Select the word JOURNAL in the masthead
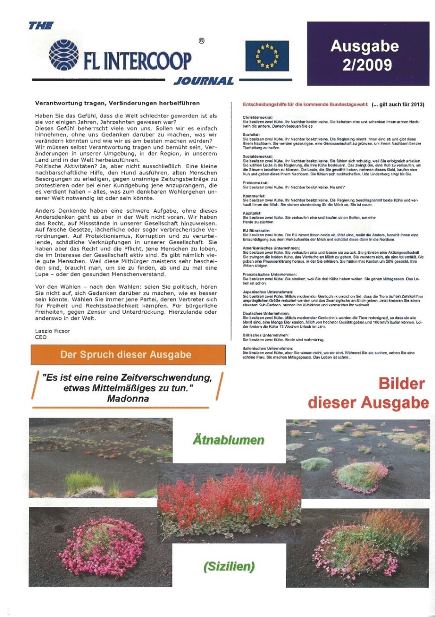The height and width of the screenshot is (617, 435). coord(204,81)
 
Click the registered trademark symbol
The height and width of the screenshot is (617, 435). coord(201,41)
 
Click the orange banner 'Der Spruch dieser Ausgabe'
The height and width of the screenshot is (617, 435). coord(126,355)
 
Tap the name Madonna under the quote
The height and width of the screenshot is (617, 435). coord(128,398)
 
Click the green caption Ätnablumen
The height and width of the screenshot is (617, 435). coord(228,440)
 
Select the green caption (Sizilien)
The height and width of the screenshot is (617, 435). coord(229,566)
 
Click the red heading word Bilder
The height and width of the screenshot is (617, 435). coord(401,383)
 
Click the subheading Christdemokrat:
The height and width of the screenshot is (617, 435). coord(257,117)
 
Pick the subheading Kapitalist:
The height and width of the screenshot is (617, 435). coord(252,213)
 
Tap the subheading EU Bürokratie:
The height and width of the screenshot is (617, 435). coord(256,230)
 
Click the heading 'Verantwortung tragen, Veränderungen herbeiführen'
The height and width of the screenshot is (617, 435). coord(117,103)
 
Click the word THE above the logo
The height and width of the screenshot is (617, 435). coord(41,26)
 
